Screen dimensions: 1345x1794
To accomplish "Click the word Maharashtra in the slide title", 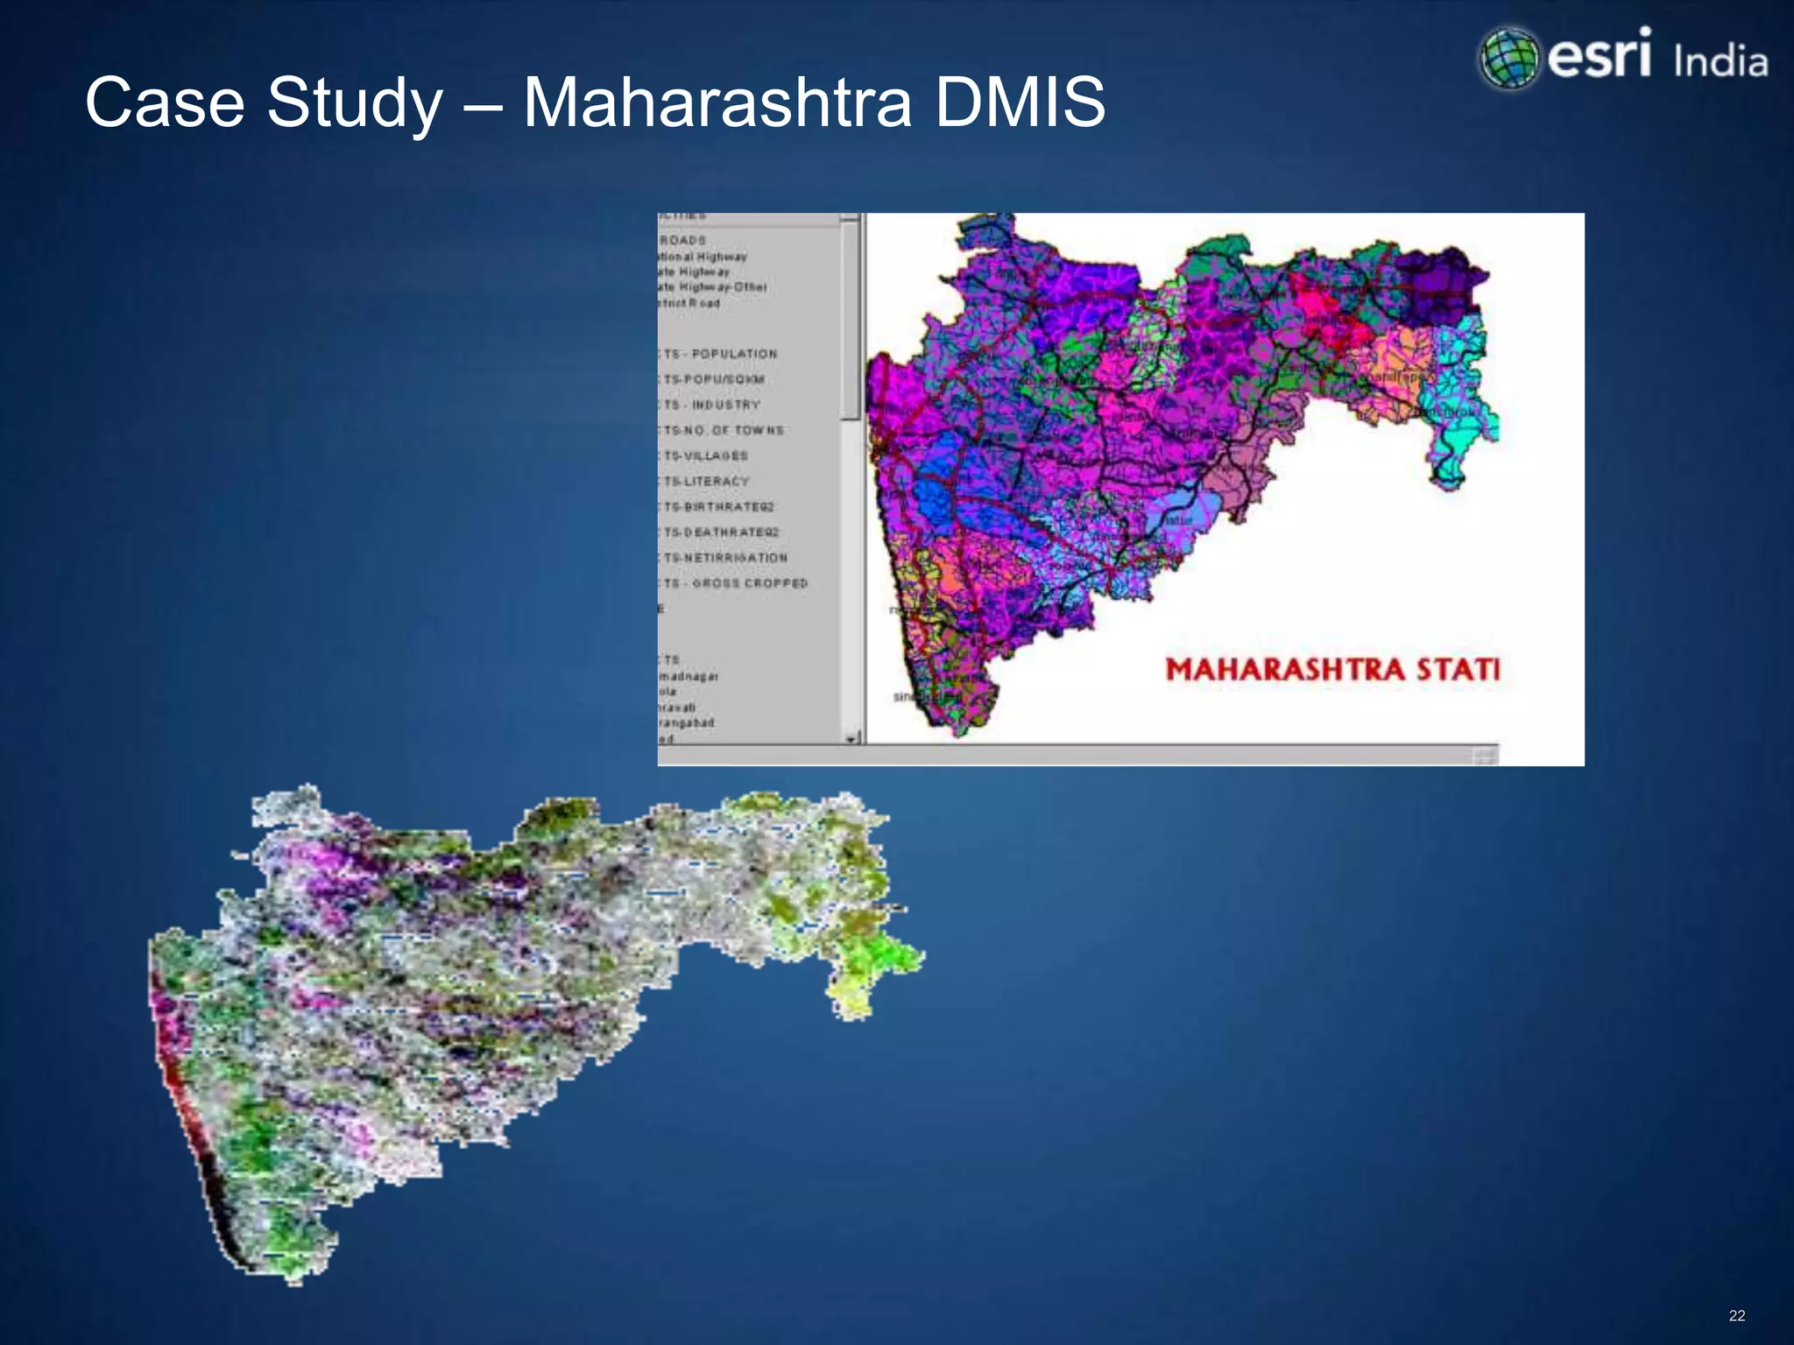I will tap(717, 102).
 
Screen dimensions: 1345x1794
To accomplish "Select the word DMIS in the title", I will tap(1020, 102).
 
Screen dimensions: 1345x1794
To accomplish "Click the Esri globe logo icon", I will tap(1508, 58).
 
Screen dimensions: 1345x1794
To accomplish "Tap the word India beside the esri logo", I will tap(1720, 62).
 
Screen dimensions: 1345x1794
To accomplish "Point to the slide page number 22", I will tap(1737, 1315).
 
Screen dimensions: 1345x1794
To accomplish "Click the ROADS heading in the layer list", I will tap(682, 240).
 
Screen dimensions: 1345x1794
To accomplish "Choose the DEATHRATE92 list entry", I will tap(730, 532).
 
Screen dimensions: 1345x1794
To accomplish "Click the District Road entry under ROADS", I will tap(689, 303).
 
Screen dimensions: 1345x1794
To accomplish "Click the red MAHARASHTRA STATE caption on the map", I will tap(1332, 670).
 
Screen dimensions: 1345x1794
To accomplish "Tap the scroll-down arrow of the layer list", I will tap(850, 739).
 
